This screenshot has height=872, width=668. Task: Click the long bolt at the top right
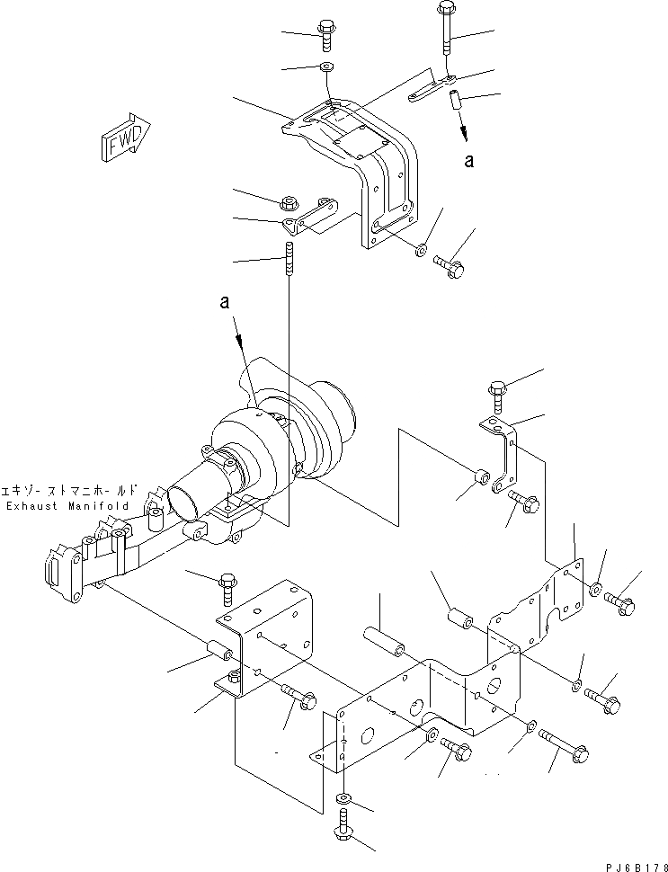click(447, 31)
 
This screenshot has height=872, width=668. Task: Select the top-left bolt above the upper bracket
click(325, 36)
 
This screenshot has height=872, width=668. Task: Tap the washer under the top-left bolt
click(325, 67)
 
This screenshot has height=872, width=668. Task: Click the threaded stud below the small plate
click(290, 261)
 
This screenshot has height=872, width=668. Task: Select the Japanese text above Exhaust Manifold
click(71, 491)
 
